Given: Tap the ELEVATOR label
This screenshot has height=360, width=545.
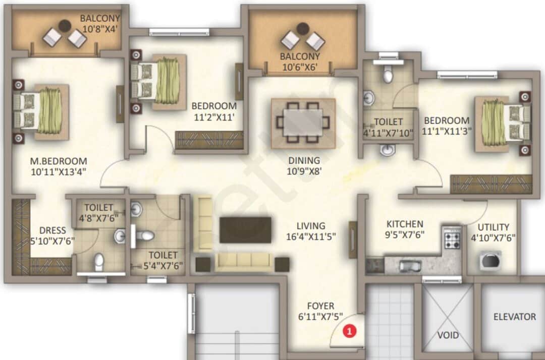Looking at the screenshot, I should (514, 317).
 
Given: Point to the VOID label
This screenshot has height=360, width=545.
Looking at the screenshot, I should (448, 335).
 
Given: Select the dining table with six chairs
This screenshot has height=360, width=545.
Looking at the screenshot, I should (303, 123).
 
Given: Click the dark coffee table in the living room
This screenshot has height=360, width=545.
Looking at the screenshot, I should (246, 230).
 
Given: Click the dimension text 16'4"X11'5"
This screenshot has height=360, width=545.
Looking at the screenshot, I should (310, 235).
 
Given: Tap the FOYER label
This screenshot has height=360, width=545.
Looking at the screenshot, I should (320, 306).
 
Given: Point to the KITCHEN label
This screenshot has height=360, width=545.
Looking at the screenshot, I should (405, 224).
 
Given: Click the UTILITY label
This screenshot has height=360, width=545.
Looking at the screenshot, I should (493, 227).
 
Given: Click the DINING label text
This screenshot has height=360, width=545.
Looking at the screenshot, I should (304, 160).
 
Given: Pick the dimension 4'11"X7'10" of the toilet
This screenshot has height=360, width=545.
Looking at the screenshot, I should (389, 133).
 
